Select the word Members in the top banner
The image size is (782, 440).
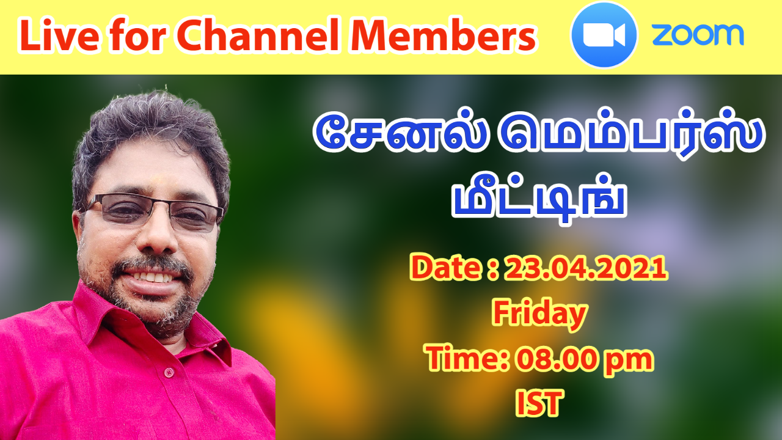pyautogui.click(x=444, y=35)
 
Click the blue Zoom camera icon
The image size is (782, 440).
pyautogui.click(x=604, y=35)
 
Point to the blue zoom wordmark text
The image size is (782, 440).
pyautogui.click(x=698, y=35)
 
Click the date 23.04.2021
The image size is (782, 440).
pyautogui.click(x=585, y=268)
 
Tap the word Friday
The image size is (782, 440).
pyautogui.click(x=539, y=313)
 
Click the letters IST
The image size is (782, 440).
pyautogui.click(x=539, y=403)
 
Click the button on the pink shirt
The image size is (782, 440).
pyautogui.click(x=169, y=372)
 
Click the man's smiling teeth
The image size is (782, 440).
pyautogui.click(x=153, y=277)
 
